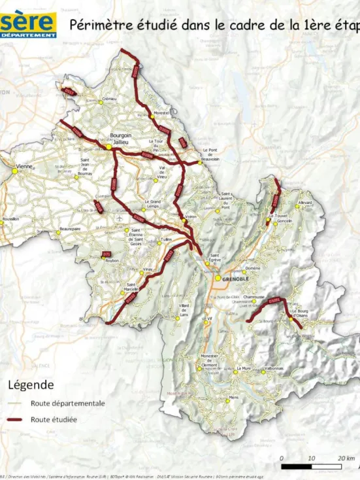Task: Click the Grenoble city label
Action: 236,279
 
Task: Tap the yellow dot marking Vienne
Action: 14,171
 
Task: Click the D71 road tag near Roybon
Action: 107,254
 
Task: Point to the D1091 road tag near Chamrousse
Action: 275,301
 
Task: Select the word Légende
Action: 30,385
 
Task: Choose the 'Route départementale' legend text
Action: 67,403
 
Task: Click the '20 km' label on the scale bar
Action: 346,458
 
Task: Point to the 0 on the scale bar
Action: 282,458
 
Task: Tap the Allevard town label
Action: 305,203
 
